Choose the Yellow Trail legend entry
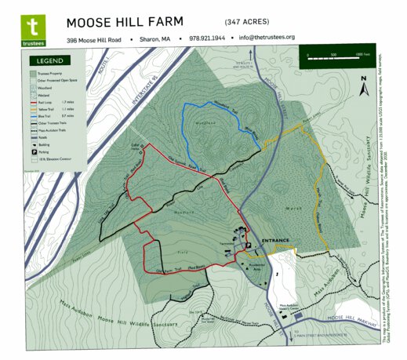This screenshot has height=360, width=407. coord(45,107)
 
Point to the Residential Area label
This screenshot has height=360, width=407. coord(259,270)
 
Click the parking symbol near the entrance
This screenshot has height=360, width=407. coord(247,245)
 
